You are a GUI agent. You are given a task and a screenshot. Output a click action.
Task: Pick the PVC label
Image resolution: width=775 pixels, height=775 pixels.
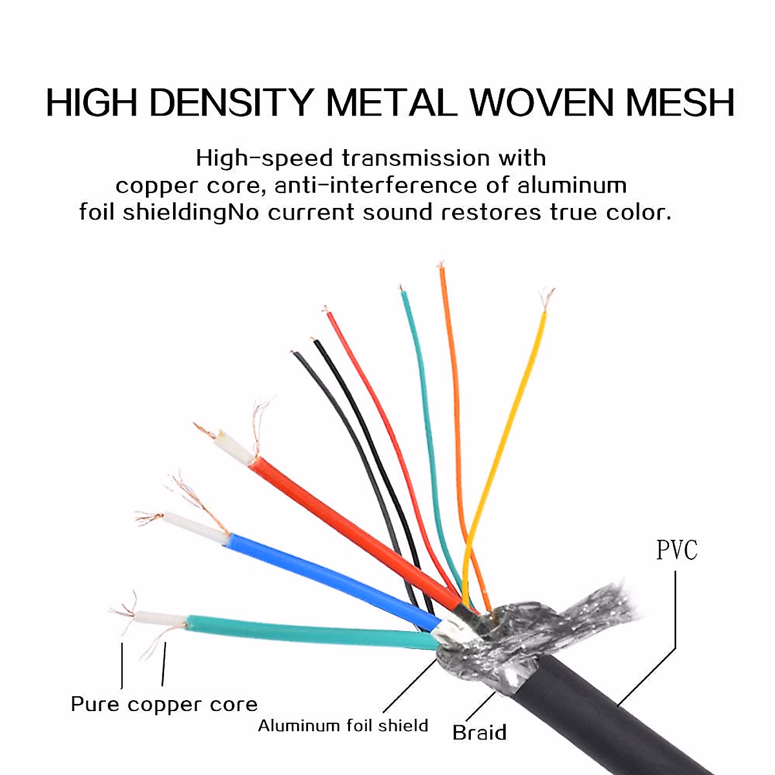(x=676, y=551)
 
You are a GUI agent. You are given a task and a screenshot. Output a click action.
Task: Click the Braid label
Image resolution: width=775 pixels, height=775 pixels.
(x=479, y=732)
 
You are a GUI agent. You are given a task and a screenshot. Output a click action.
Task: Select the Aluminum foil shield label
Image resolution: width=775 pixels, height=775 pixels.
(x=343, y=725)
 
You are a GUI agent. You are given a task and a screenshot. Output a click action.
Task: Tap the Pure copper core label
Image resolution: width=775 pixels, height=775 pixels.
(x=164, y=704)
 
